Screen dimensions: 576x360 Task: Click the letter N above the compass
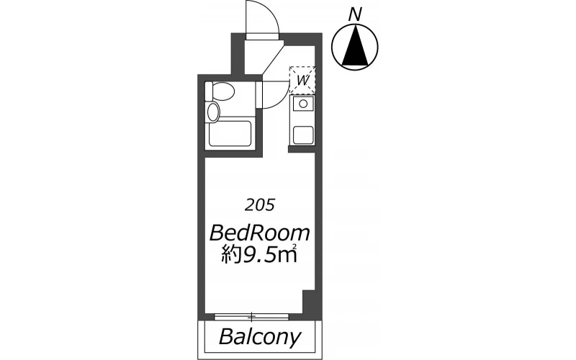(x=355, y=14)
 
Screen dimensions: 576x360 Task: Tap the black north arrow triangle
(x=355, y=45)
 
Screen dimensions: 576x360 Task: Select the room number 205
(x=260, y=205)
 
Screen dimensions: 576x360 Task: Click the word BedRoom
(x=260, y=233)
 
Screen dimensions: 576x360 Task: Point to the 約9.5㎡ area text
(x=259, y=255)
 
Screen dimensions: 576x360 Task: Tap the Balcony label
(x=260, y=336)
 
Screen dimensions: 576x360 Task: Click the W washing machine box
(x=302, y=80)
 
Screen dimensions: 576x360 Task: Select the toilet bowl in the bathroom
(x=223, y=91)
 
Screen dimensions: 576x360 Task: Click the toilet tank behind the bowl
(x=209, y=91)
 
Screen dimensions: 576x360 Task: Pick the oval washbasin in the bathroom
(x=213, y=112)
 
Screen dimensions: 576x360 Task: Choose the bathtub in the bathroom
(x=230, y=134)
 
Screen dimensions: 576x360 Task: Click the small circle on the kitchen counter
(x=303, y=104)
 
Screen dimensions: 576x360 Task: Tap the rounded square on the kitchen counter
(x=303, y=135)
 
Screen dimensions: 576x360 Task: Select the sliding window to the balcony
(x=251, y=316)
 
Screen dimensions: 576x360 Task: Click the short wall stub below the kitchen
(x=302, y=149)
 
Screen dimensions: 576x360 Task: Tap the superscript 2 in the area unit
(x=294, y=246)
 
